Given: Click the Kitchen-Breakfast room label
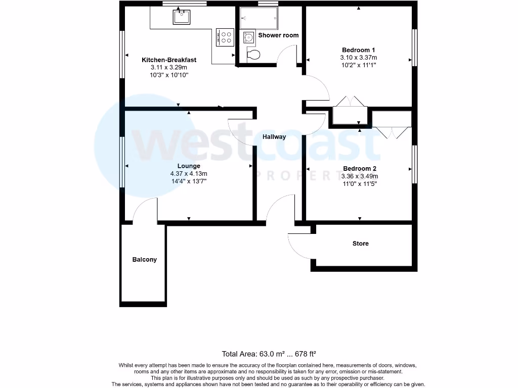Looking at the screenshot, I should click(x=168, y=60).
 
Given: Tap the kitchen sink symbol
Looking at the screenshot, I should click(x=181, y=18).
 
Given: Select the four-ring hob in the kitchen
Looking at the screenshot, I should click(x=225, y=37).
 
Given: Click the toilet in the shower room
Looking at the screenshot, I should click(x=253, y=55).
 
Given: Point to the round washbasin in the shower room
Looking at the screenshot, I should click(x=249, y=37).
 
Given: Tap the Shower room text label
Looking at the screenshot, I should click(x=278, y=35).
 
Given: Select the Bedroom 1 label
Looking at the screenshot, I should click(x=358, y=50).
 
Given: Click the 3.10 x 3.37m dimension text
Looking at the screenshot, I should click(x=358, y=58).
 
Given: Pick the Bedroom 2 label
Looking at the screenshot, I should click(x=360, y=169).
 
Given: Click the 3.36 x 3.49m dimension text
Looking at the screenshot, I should click(x=360, y=176).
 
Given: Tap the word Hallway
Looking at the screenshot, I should click(x=274, y=137).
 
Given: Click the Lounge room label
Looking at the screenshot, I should click(x=188, y=166).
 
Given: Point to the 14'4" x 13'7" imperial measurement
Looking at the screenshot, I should click(x=188, y=181).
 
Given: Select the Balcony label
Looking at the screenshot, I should click(x=145, y=260).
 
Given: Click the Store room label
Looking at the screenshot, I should click(x=360, y=244).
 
